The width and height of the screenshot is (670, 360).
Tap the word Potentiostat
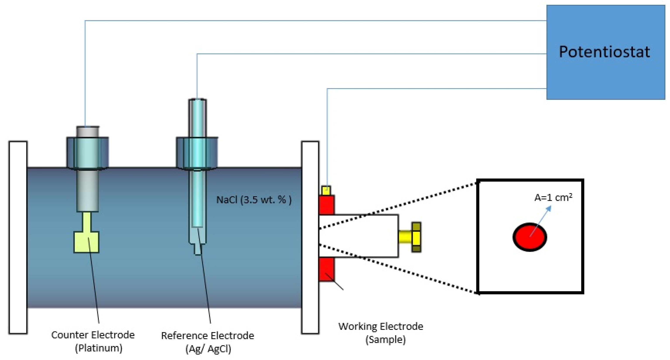(x=604, y=52)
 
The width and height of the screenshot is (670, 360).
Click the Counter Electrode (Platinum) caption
(x=93, y=341)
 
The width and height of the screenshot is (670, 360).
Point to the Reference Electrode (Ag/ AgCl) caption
(x=208, y=342)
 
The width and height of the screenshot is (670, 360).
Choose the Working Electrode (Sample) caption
(x=381, y=333)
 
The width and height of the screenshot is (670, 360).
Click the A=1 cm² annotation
(x=553, y=198)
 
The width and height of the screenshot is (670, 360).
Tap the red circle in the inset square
(x=530, y=237)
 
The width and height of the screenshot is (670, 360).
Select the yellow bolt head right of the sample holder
(x=416, y=237)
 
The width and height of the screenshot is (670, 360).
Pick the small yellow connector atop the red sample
(x=326, y=191)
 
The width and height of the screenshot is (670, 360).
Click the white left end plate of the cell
(x=18, y=237)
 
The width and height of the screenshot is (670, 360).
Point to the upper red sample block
(x=326, y=205)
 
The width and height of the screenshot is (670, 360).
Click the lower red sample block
(x=326, y=269)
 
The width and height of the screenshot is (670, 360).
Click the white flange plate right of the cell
(x=310, y=237)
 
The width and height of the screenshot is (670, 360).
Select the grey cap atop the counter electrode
(x=88, y=132)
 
